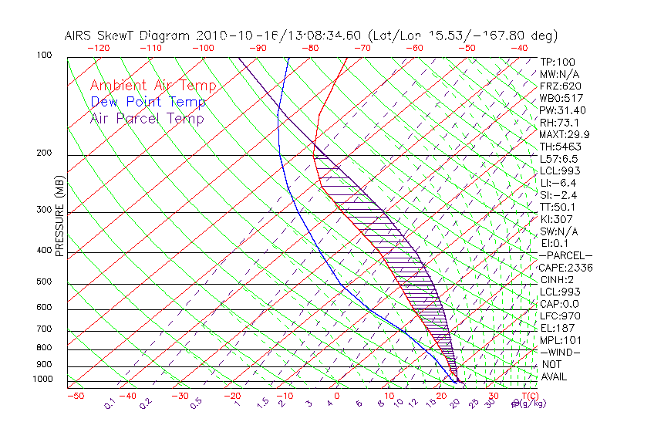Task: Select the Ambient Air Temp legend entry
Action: [153, 86]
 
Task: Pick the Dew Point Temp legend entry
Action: [148, 102]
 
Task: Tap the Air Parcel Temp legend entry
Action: [147, 118]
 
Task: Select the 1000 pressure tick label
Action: [44, 380]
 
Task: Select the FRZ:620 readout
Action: [561, 86]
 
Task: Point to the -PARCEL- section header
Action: [565, 255]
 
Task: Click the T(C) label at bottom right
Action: [529, 397]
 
